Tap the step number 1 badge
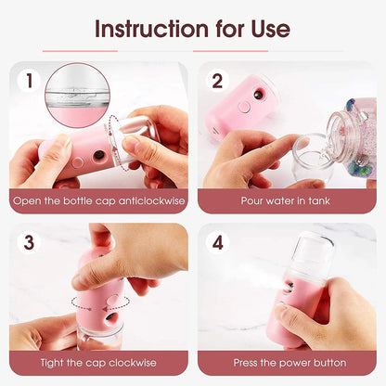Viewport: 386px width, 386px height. click(x=29, y=81)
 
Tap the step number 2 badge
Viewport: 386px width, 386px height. click(x=217, y=81)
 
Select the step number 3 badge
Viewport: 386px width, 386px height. click(x=29, y=243)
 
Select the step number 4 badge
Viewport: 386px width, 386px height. click(x=217, y=243)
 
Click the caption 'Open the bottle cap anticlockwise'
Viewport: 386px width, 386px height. click(x=98, y=200)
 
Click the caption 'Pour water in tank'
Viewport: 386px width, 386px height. click(x=287, y=200)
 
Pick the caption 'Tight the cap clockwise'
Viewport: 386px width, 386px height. click(x=98, y=362)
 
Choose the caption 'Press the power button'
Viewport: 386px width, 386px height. click(x=287, y=362)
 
